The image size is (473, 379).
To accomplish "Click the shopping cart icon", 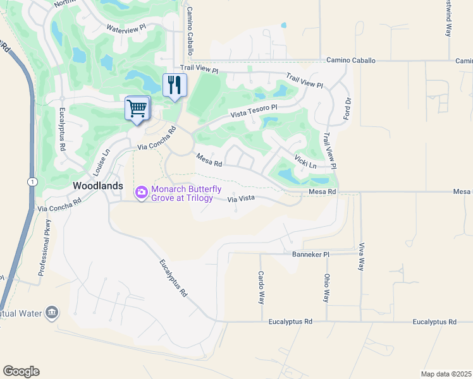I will (x=137, y=109).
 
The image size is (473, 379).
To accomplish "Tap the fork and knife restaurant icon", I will (x=175, y=85).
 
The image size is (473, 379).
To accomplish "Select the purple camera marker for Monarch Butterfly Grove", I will (x=141, y=191).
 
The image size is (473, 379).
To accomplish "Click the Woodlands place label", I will (x=98, y=186).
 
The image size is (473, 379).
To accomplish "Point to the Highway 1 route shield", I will (x=30, y=181).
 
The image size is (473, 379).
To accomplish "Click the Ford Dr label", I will (x=347, y=109).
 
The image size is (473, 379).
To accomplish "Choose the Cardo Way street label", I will (x=261, y=287).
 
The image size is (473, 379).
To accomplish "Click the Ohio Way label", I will (x=327, y=287).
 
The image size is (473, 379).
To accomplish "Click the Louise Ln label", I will (x=102, y=162).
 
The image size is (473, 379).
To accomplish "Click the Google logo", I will (x=21, y=371).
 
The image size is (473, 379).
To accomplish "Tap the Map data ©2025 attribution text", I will (x=446, y=374).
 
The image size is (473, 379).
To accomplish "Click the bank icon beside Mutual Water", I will (x=52, y=312).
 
